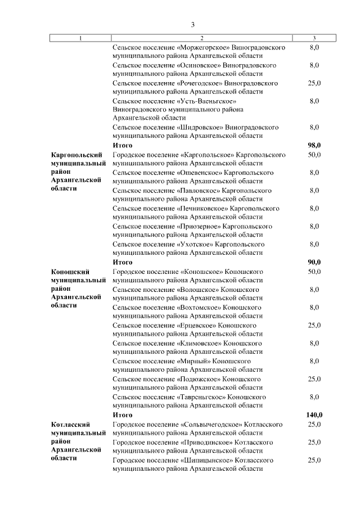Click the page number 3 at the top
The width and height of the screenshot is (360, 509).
point(192,25)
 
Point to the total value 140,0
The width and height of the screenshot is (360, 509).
point(314,415)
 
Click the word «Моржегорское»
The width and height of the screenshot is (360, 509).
point(199,48)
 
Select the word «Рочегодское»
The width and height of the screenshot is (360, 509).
point(199,83)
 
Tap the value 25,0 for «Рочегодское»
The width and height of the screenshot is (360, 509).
point(314,83)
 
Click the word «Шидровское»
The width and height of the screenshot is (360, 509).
point(199,127)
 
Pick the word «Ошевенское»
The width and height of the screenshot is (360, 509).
point(199,172)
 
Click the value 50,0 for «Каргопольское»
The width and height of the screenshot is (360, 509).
point(314,154)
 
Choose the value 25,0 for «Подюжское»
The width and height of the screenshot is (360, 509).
point(314,379)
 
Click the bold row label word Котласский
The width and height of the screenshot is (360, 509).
point(70,424)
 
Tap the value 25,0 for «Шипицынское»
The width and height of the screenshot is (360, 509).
point(314,460)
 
